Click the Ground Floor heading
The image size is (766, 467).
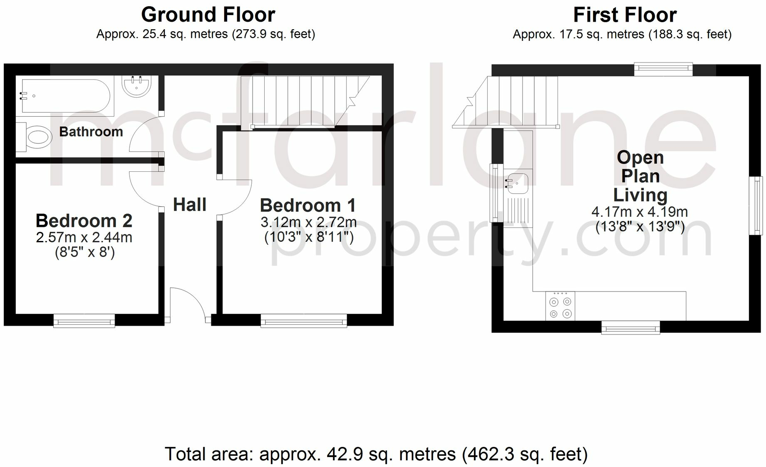[x=208, y=15]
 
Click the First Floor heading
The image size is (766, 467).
[x=624, y=15]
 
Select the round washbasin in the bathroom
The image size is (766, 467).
[x=136, y=86]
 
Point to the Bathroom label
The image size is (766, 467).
[x=91, y=132]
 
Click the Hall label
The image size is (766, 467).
[x=190, y=205]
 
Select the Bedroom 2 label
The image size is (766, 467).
[x=84, y=221]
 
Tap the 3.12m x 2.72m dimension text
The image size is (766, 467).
[x=308, y=222]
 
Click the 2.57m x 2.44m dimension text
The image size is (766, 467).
[x=84, y=237]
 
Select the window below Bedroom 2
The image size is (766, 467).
[x=84, y=321]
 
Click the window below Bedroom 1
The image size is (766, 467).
[x=304, y=321]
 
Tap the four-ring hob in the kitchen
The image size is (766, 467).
[x=560, y=307]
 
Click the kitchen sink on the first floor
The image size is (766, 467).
[x=517, y=184]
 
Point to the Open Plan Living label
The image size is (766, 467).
[x=640, y=176]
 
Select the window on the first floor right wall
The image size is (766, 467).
[x=756, y=206]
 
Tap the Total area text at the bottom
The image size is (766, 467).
[x=376, y=454]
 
